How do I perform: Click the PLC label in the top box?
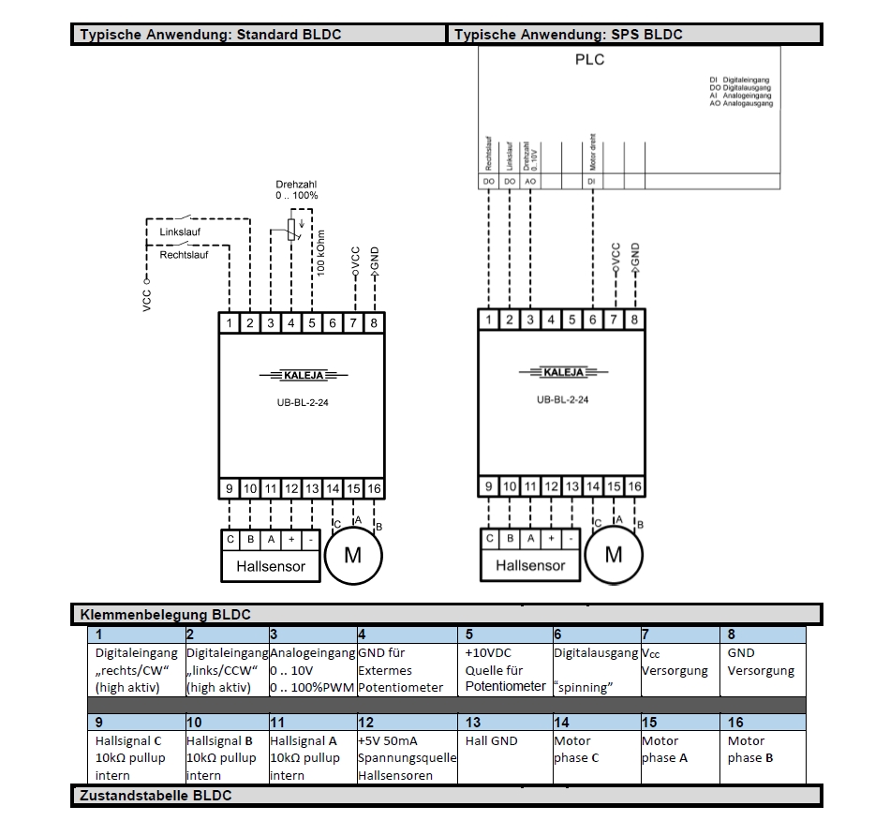click(x=589, y=60)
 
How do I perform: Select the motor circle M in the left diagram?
click(x=353, y=555)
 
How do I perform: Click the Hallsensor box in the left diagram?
click(x=271, y=566)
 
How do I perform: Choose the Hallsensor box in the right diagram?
click(x=530, y=565)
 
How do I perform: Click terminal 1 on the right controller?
click(x=489, y=321)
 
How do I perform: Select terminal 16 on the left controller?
click(x=374, y=488)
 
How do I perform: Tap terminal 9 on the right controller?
click(x=489, y=486)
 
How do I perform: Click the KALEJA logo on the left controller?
click(x=302, y=376)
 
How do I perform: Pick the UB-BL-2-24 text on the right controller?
click(x=562, y=398)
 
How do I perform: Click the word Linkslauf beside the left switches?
click(x=180, y=231)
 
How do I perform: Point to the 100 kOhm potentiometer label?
click(x=320, y=253)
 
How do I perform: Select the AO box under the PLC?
click(x=530, y=181)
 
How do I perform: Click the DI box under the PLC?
click(x=591, y=181)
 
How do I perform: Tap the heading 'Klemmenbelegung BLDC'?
click(x=166, y=616)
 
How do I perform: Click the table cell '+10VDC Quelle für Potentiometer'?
click(x=504, y=669)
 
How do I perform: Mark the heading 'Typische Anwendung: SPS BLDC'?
click(x=568, y=35)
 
